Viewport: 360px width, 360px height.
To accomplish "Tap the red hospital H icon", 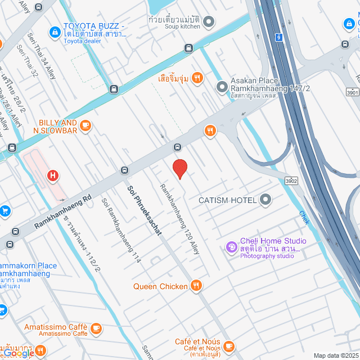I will (53, 176).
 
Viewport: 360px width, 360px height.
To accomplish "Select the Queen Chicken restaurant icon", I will (196, 286).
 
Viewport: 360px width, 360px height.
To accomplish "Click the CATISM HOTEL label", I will (227, 200).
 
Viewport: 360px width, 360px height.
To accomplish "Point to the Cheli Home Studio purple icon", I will (231, 247).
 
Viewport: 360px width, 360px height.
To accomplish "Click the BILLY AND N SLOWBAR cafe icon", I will (85, 125).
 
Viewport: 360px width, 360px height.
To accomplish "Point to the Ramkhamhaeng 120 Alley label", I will (179, 219).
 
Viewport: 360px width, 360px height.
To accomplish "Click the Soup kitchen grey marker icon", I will (208, 22).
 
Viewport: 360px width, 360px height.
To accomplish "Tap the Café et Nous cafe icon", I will (228, 345).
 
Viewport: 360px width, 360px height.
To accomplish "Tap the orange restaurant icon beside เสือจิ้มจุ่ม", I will (197, 78).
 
